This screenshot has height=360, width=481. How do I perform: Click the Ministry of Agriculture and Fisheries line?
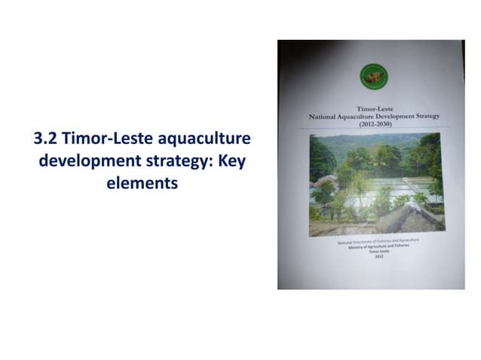coord(377,248)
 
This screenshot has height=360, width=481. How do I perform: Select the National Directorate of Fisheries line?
coord(377,241)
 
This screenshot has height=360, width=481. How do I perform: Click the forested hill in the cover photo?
coord(354,151)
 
